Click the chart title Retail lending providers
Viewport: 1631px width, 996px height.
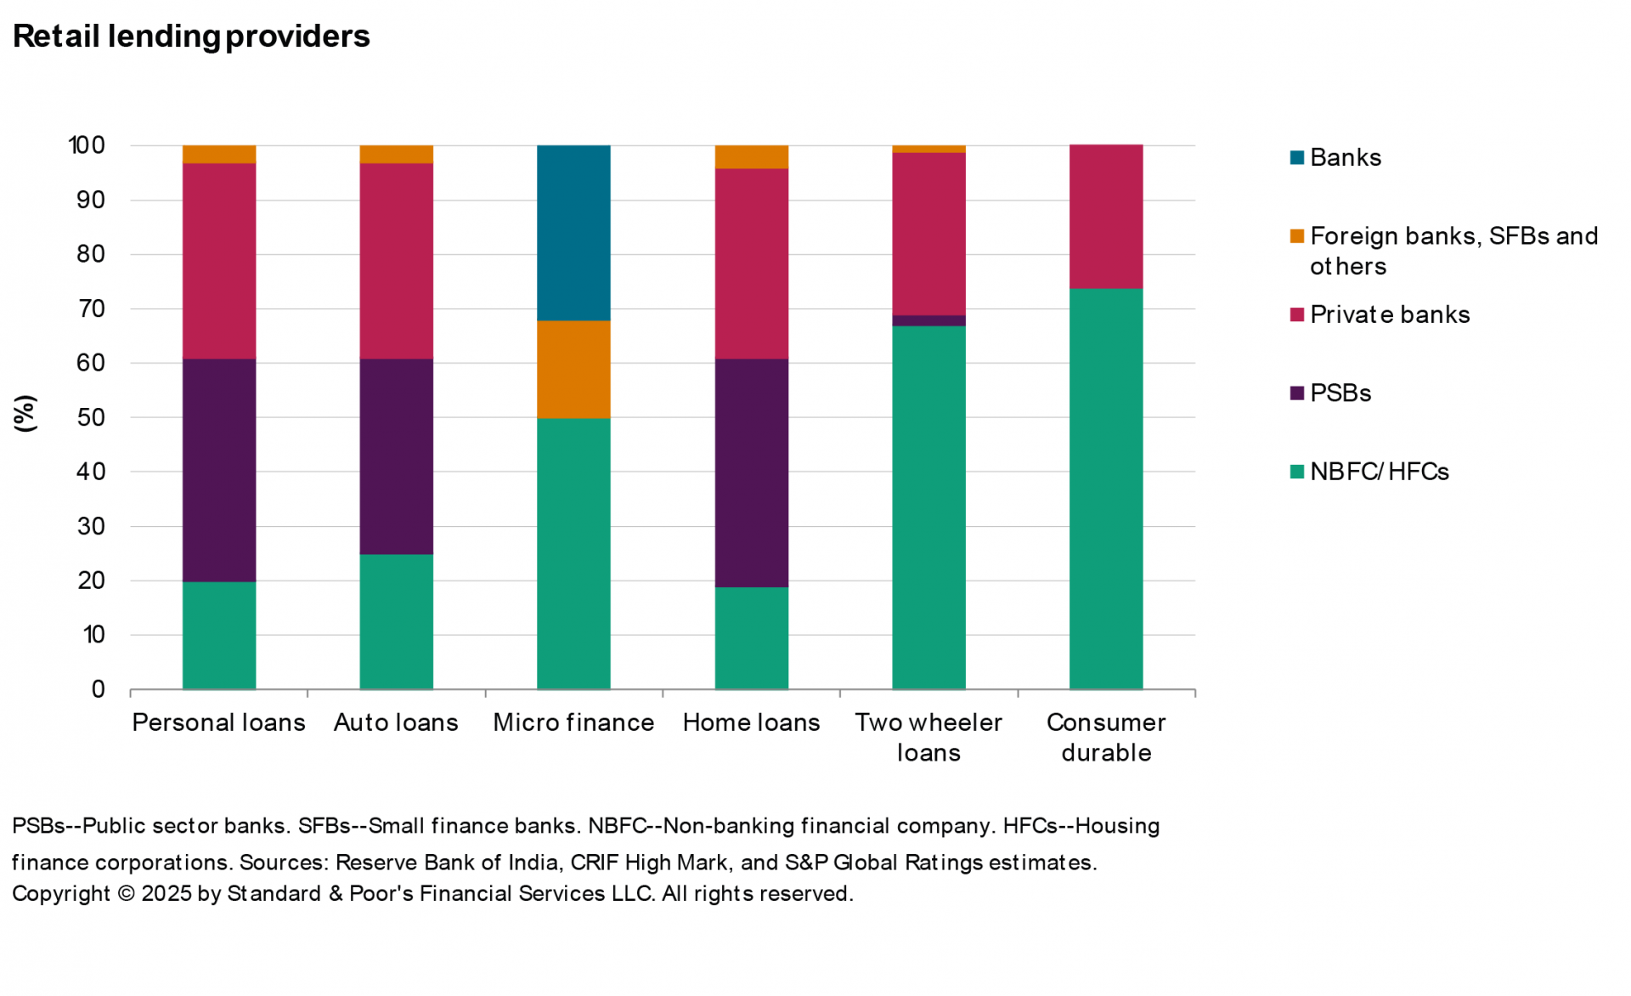pos(191,37)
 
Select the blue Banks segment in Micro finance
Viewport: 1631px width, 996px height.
pos(573,233)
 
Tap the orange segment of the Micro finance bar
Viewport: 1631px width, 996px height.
pos(573,369)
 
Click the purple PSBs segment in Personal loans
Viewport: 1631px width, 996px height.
pos(219,470)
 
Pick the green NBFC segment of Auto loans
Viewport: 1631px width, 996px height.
pos(396,621)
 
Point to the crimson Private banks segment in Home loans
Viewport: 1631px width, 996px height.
pos(751,263)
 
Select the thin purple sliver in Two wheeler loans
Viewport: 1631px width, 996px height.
pos(928,320)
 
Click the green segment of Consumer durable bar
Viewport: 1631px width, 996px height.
pos(1105,489)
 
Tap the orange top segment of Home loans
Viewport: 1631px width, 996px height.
pos(751,157)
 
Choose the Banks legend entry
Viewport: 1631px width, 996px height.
pos(1345,157)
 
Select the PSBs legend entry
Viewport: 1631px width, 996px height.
pos(1340,393)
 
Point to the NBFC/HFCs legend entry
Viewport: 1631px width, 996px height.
pos(1378,472)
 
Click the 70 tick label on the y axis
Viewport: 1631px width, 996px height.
pos(91,308)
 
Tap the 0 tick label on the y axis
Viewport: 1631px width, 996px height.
pos(99,689)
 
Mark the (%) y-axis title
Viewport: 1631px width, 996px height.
pos(25,414)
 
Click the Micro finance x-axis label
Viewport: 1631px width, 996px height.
pos(573,722)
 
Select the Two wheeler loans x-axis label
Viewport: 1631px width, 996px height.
pos(928,737)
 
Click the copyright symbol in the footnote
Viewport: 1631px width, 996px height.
pos(126,894)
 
